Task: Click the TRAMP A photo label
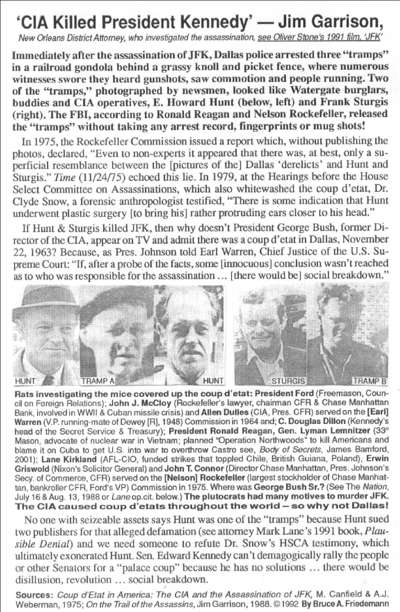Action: pyautogui.click(x=98, y=381)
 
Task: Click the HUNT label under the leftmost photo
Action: pyautogui.click(x=25, y=381)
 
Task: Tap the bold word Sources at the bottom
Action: pyautogui.click(x=30, y=594)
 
